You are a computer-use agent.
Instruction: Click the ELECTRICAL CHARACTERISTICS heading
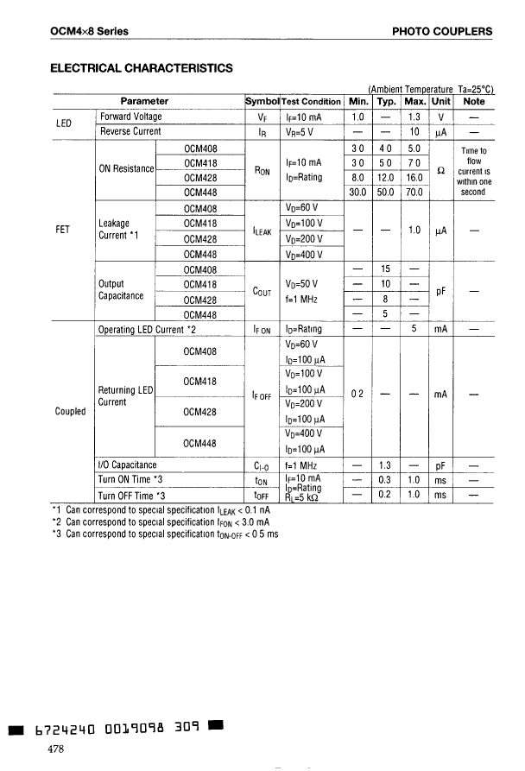coord(142,67)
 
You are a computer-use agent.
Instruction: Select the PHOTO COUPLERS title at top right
coord(442,32)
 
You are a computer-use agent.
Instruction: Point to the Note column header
coord(473,101)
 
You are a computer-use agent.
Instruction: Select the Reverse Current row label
coord(130,131)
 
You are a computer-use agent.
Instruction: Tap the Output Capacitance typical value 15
coord(386,269)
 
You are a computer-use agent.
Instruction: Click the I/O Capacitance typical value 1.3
coord(386,464)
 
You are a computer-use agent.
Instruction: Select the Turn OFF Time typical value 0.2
coord(386,495)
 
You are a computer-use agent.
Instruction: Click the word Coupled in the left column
coord(69,411)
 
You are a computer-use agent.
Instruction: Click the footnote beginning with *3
coord(166,534)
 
